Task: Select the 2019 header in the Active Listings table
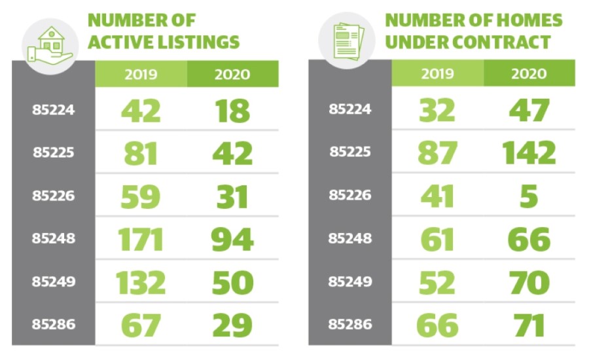pyautogui.click(x=141, y=73)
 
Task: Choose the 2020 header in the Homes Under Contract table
pyautogui.click(x=529, y=73)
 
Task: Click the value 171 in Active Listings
pyautogui.click(x=141, y=239)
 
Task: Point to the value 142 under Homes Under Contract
pyautogui.click(x=529, y=153)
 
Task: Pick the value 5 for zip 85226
pyautogui.click(x=529, y=196)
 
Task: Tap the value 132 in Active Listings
pyautogui.click(x=141, y=282)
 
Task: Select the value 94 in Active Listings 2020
pyautogui.click(x=232, y=239)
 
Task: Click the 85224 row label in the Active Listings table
pyautogui.click(x=54, y=110)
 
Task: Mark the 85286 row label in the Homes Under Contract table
pyautogui.click(x=349, y=325)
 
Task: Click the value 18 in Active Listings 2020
pyautogui.click(x=232, y=110)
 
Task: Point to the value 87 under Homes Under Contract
pyautogui.click(x=437, y=153)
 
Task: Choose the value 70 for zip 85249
pyautogui.click(x=529, y=282)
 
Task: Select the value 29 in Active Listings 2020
pyautogui.click(x=232, y=325)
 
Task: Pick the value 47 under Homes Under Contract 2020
pyautogui.click(x=529, y=110)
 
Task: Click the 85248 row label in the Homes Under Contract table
pyautogui.click(x=349, y=239)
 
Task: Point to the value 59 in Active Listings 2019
pyautogui.click(x=141, y=196)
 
